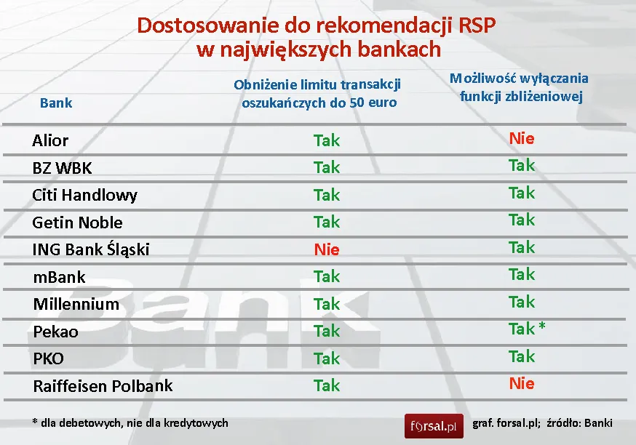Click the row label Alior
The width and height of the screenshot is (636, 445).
pos(50,140)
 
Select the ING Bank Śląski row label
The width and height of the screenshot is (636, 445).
pos(91,249)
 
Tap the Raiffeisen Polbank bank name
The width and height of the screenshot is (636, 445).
pos(103,386)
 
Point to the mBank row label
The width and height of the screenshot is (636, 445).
pos(59,277)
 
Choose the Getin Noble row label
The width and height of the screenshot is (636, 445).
pos(77,222)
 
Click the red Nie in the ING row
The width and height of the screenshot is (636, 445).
pos(327,249)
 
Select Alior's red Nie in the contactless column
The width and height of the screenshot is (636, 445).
pos(522,138)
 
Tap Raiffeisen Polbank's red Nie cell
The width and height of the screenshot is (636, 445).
pos(522,383)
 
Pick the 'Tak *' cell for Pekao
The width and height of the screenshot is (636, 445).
pos(527,329)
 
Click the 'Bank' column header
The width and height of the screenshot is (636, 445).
pos(56,103)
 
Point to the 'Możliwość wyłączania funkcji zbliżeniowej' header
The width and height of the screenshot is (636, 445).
pos(520,87)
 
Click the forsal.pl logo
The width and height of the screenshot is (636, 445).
pos(434,425)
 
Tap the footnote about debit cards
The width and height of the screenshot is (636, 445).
pos(130,422)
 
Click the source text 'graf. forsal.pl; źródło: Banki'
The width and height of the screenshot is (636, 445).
pos(542,422)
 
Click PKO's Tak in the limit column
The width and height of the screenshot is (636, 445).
pos(327,358)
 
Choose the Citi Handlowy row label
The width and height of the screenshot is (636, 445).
pos(84,195)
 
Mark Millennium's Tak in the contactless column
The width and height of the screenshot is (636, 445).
pos(522,302)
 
